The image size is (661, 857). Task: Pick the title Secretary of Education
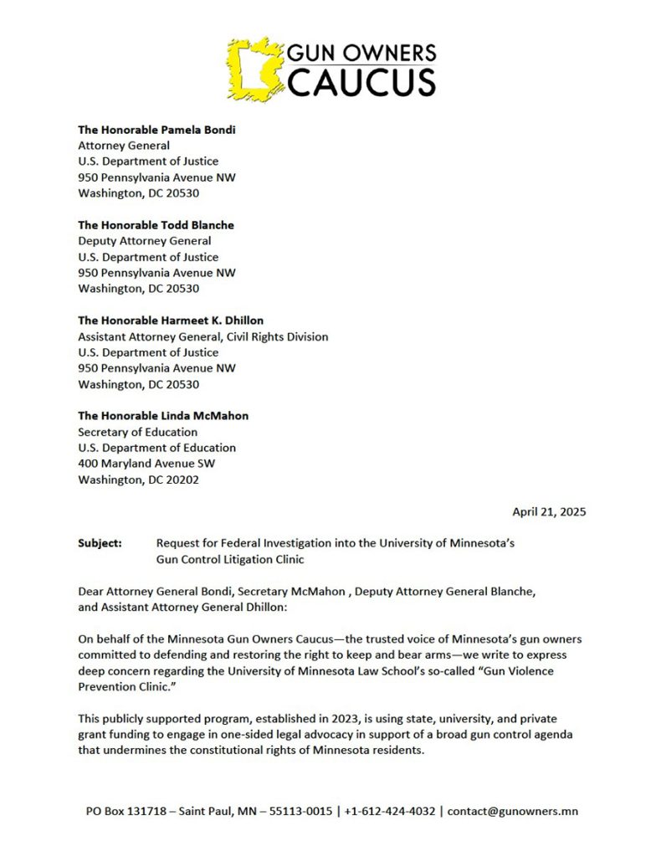tap(138, 432)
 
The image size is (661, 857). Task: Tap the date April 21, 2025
tap(549, 511)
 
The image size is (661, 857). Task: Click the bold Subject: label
tap(100, 543)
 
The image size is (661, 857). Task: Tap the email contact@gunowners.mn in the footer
tap(512, 811)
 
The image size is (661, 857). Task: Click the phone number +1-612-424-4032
tap(388, 811)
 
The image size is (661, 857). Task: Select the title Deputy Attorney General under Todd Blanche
tap(144, 241)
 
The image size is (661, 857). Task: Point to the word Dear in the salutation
tap(92, 592)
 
